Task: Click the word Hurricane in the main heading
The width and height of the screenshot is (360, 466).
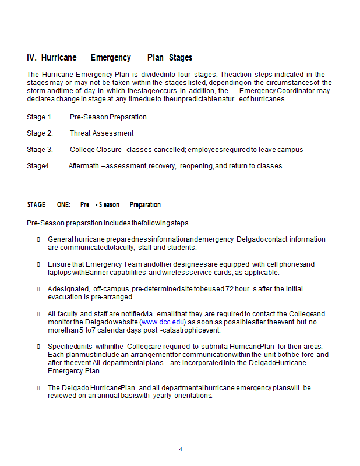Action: (59, 58)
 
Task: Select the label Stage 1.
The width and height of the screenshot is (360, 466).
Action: (40, 117)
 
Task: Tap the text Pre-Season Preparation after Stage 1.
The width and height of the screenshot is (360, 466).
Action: (108, 117)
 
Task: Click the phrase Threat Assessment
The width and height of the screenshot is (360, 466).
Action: (101, 133)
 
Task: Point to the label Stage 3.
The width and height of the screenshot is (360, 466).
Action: (40, 150)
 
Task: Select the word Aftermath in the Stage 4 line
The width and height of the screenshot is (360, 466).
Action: (84, 166)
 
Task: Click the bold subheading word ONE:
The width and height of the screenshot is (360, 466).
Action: (64, 205)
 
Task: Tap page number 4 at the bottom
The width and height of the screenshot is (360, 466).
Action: (181, 450)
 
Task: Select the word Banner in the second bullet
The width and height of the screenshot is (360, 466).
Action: (96, 272)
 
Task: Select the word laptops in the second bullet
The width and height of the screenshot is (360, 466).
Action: (59, 272)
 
